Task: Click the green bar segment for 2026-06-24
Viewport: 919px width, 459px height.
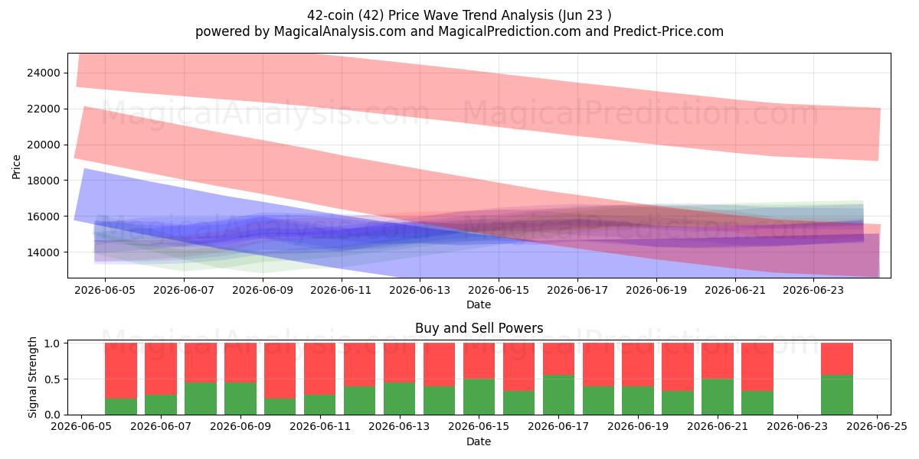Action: tap(837, 395)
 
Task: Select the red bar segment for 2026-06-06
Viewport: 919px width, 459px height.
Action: tap(161, 369)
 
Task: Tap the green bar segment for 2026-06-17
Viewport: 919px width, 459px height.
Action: tap(559, 395)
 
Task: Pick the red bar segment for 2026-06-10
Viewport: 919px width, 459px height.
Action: tap(280, 371)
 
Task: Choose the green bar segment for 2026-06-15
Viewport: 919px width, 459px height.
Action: tap(479, 397)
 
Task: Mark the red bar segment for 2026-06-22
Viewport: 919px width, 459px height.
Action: tap(757, 366)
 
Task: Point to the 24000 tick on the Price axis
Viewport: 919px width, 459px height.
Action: tap(44, 73)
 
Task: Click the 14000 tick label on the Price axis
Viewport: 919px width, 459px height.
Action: tap(44, 252)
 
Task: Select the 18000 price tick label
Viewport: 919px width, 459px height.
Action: tap(44, 181)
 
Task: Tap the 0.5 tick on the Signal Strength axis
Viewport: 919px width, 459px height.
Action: tap(52, 379)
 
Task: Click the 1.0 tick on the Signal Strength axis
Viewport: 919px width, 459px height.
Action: tap(52, 343)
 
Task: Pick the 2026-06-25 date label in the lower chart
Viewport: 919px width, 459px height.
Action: tap(877, 427)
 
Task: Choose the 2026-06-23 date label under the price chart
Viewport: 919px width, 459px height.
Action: tap(813, 290)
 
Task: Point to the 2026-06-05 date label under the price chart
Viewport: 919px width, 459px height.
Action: tap(105, 290)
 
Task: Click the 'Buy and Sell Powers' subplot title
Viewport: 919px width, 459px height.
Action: tap(479, 328)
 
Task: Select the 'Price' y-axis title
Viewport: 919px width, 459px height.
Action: tap(16, 167)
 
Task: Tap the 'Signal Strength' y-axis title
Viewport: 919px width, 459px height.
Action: tap(32, 377)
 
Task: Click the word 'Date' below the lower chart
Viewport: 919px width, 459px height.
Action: tap(479, 441)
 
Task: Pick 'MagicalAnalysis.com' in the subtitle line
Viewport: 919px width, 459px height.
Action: tap(340, 31)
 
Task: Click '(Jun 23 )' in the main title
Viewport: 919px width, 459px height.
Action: tap(584, 15)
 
